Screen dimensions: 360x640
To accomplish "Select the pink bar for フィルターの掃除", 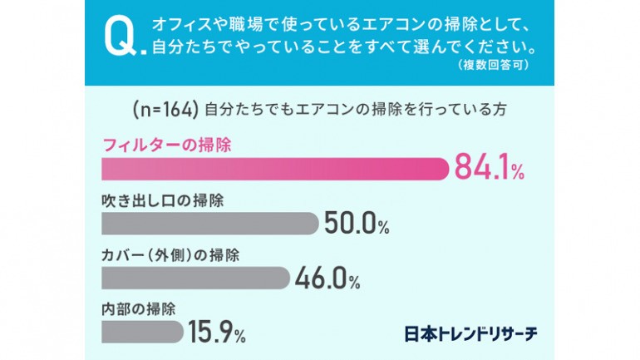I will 274,168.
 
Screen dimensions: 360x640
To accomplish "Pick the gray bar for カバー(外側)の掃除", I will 194,277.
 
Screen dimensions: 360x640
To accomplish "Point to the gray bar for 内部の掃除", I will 141,330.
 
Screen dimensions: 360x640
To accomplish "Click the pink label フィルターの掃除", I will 166,144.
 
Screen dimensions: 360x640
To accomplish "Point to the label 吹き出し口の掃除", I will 163,201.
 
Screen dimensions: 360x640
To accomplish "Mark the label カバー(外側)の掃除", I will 170,254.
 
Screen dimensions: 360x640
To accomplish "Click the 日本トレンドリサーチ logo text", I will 470,332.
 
